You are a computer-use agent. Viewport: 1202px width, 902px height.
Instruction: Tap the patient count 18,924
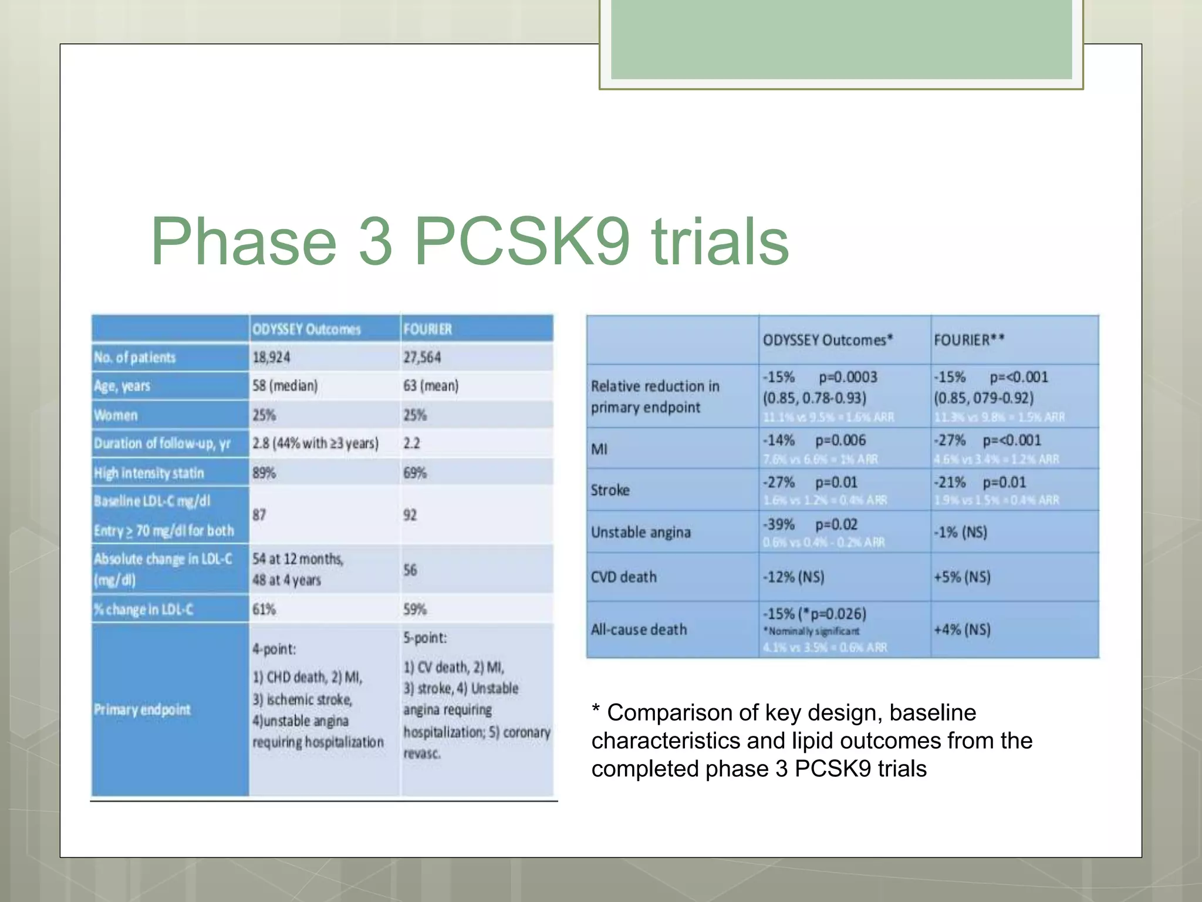pos(271,357)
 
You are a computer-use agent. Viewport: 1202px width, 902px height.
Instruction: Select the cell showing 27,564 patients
pos(421,357)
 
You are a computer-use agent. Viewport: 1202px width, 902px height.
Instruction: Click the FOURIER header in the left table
pos(427,329)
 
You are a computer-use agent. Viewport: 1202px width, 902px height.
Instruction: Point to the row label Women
pos(116,415)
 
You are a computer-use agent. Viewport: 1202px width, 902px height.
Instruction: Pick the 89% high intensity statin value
pos(264,473)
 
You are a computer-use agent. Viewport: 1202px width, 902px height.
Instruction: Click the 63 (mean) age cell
pos(431,386)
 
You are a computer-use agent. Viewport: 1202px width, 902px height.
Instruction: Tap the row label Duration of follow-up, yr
pos(162,443)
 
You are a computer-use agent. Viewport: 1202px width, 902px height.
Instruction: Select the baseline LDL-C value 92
pos(410,515)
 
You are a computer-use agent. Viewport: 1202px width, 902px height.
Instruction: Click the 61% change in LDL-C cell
pos(264,609)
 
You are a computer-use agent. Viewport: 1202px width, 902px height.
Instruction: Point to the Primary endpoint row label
pos(142,709)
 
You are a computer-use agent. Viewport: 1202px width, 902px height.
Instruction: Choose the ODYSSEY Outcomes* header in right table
pos(828,340)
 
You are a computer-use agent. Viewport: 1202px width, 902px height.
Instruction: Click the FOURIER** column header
pos(969,340)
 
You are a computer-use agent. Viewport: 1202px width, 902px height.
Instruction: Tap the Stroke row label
pos(610,490)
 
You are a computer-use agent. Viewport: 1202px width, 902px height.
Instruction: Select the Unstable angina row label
pos(641,532)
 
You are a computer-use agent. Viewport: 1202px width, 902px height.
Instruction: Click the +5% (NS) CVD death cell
pos(962,577)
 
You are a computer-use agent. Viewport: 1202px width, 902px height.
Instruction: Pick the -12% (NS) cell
pos(794,577)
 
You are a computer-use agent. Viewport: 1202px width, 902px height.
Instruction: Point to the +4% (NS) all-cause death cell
pos(962,630)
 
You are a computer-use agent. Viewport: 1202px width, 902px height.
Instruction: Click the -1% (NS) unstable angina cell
pos(960,532)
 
